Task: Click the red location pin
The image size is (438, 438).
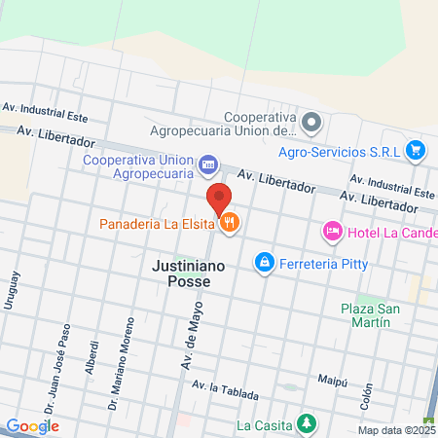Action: coord(220,197)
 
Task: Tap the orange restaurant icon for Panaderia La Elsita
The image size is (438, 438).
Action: coord(230,223)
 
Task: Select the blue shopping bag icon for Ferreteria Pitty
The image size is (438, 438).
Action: coord(263,262)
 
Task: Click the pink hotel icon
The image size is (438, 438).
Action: coord(332,232)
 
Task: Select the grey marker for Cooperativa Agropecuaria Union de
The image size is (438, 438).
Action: coord(310,123)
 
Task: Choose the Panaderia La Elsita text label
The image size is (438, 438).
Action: coord(156,223)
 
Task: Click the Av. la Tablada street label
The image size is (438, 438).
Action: coord(226,391)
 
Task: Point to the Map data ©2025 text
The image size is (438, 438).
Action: coord(397,430)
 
